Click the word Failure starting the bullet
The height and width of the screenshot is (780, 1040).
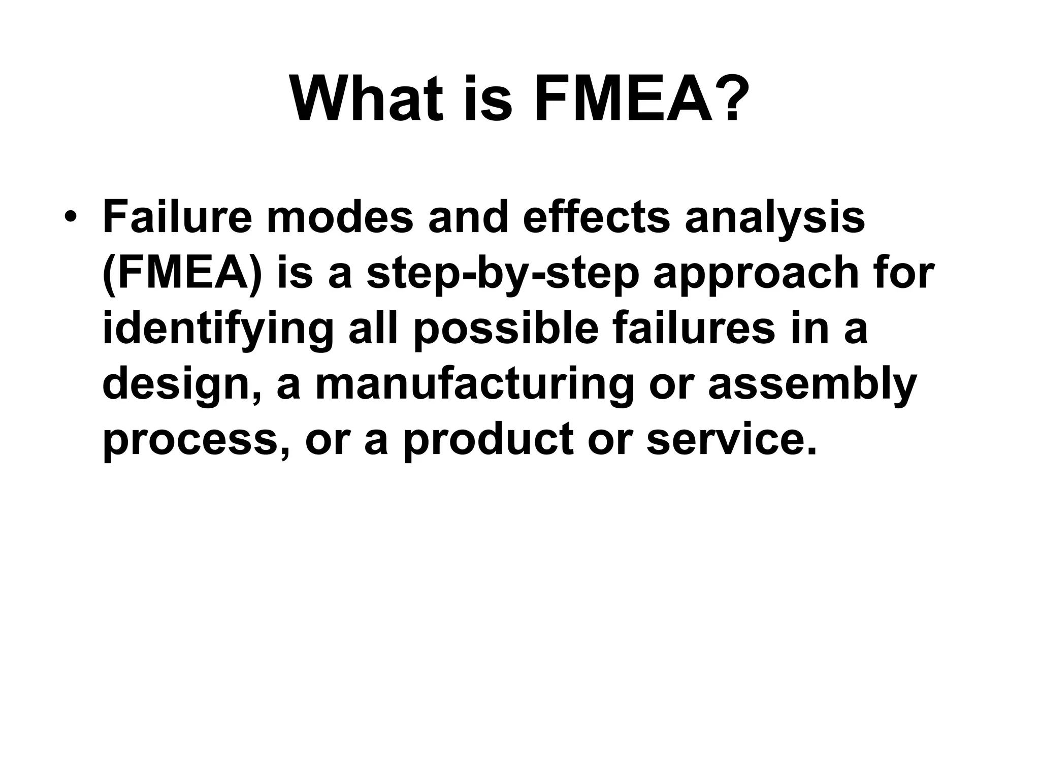click(177, 217)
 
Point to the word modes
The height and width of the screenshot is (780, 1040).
click(340, 217)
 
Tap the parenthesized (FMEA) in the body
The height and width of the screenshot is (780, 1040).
click(182, 274)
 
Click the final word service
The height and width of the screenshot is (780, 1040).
click(731, 440)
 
